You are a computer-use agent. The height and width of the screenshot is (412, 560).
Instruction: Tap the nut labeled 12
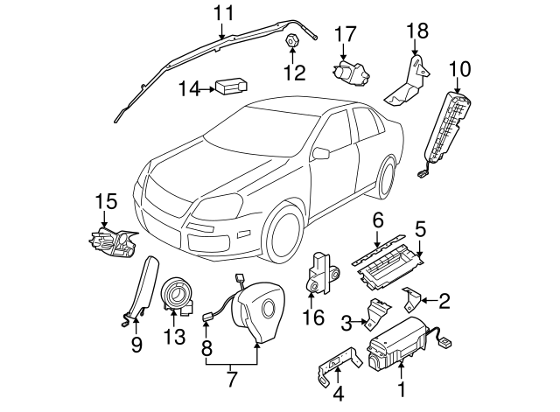[x=290, y=42]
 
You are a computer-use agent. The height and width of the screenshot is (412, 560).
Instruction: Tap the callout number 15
[x=105, y=202]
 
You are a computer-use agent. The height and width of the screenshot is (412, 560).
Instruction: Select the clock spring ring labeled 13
[x=179, y=291]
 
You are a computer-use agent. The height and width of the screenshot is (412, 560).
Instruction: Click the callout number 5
[x=420, y=229]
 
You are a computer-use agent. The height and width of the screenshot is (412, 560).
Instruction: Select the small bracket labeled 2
[x=410, y=298]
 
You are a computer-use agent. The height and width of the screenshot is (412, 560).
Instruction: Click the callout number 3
[x=346, y=323]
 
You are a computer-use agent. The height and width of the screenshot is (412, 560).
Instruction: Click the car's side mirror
[x=321, y=154]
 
